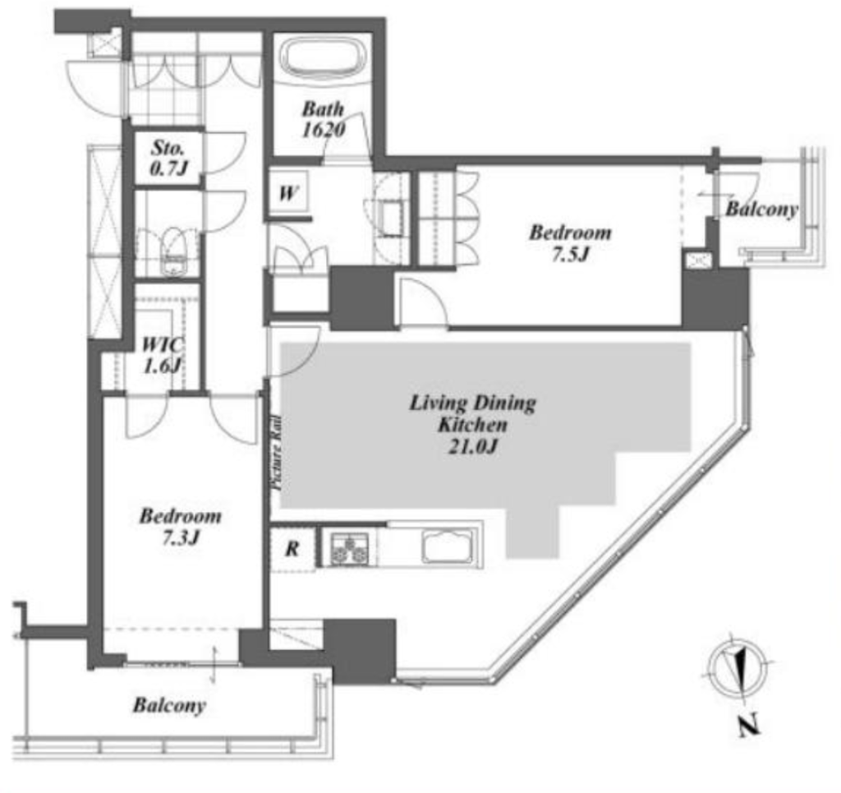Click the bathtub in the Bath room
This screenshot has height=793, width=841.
[325, 57]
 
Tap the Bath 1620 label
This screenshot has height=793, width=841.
[324, 119]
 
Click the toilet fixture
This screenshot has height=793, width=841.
[172, 251]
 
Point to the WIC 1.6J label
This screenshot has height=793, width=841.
[162, 355]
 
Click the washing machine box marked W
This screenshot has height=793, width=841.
[288, 192]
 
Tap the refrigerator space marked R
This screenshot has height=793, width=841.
[292, 548]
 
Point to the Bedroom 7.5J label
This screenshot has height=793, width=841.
[570, 242]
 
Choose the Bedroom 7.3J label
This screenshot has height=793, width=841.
[180, 527]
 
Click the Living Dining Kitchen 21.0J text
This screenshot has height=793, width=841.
[472, 424]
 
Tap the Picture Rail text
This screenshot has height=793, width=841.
[278, 454]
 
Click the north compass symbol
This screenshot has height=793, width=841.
[737, 669]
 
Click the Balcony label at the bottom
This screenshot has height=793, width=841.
[169, 705]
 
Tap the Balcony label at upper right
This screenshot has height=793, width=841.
[761, 209]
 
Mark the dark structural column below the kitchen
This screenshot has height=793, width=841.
[360, 650]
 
